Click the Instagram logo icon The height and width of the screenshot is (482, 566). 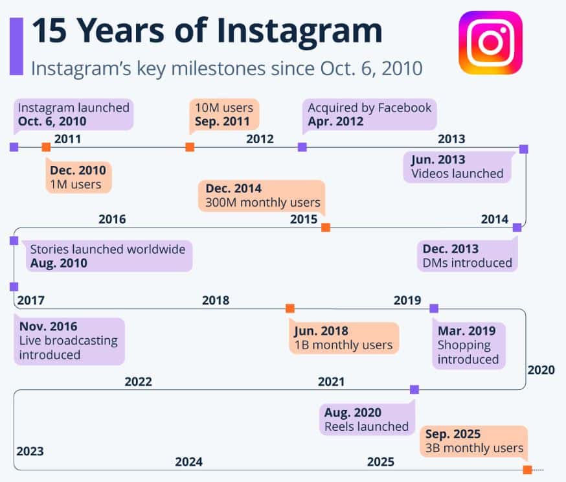490,43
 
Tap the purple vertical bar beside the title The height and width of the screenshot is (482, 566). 16,46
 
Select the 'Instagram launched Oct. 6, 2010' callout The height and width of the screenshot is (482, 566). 74,114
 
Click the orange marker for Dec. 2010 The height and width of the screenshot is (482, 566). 46,148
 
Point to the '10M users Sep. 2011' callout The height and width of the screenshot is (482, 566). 224,113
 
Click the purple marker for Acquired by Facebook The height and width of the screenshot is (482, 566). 302,147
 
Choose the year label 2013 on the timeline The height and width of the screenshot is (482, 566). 451,139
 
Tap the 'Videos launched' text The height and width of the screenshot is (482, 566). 457,173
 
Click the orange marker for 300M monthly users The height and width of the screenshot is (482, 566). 326,227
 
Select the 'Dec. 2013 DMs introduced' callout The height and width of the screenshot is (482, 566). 467,255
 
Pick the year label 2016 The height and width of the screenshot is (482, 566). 112,219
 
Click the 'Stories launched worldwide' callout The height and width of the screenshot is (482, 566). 108,256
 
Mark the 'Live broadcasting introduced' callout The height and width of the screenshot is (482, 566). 68,340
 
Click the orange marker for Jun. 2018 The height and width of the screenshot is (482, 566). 290,308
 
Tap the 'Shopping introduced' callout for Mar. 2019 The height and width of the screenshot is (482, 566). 468,345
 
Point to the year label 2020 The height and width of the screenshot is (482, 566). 541,370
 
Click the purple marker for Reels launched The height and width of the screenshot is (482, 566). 414,389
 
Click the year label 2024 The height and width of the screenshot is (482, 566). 188,462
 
